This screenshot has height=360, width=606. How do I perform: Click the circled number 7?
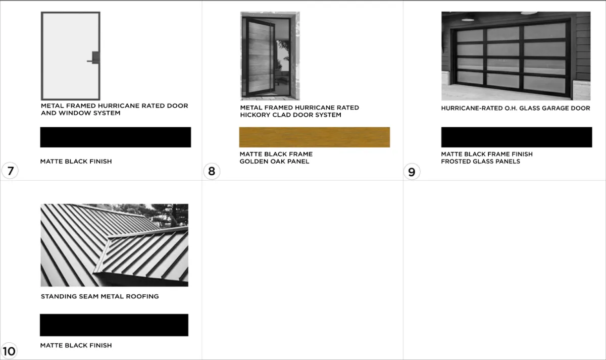tap(10, 171)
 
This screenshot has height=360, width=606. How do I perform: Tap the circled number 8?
tap(212, 171)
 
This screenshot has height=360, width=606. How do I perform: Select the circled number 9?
tap(412, 172)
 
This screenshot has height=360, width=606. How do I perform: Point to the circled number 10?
tap(9, 351)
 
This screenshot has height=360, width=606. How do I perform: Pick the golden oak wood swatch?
tap(314, 137)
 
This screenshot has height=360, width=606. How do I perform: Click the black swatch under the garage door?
tap(517, 137)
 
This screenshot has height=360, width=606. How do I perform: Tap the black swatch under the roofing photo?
tap(114, 325)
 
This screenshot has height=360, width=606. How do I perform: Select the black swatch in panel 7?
tap(116, 137)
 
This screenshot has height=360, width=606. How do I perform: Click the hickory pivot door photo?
tap(270, 56)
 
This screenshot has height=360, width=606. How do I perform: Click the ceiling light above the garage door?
tap(468, 20)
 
